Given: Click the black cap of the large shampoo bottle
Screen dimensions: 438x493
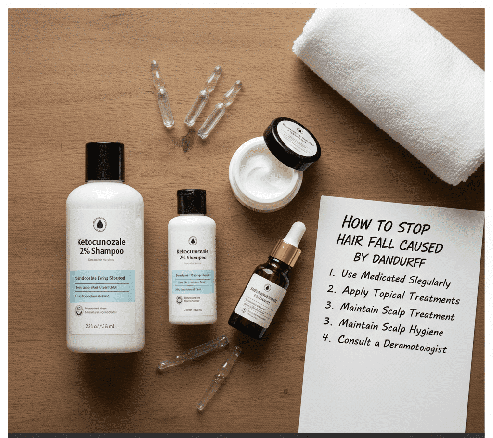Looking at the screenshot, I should pyautogui.click(x=104, y=162).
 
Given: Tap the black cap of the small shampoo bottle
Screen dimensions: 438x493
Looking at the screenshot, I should pyautogui.click(x=191, y=201).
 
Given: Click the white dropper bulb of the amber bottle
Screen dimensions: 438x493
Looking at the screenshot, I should pyautogui.click(x=294, y=233).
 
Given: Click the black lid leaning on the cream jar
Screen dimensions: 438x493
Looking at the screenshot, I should pyautogui.click(x=292, y=143).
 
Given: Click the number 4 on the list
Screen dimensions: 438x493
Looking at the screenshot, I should pyautogui.click(x=327, y=338).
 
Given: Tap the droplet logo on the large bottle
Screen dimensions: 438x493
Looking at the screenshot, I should pyautogui.click(x=100, y=224).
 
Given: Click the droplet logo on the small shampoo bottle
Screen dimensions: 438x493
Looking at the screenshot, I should pyautogui.click(x=192, y=240).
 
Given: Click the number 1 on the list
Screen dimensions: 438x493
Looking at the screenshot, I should pyautogui.click(x=332, y=272).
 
